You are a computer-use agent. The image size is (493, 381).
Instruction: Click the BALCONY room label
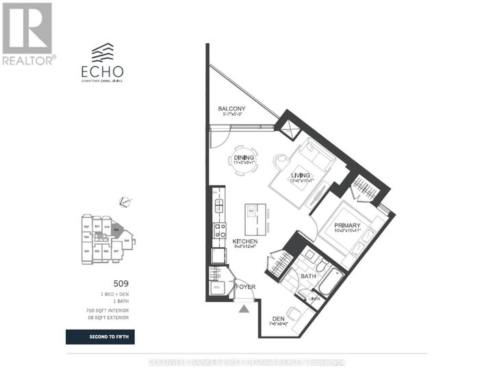tap(231, 109)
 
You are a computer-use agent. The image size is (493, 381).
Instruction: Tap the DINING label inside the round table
tap(244, 158)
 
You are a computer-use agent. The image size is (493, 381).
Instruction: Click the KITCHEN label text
tap(244, 242)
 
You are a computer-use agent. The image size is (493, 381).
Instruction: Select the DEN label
tap(277, 319)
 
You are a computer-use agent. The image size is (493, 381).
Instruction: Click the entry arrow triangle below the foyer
tap(244, 308)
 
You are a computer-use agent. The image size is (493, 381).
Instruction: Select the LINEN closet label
tap(314, 298)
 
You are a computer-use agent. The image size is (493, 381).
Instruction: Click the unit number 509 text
tap(121, 282)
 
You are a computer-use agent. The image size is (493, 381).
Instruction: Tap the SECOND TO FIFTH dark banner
tap(100, 336)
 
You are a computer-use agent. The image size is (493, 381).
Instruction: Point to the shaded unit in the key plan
tap(117, 231)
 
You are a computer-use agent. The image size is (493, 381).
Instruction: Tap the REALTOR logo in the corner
tap(27, 34)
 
